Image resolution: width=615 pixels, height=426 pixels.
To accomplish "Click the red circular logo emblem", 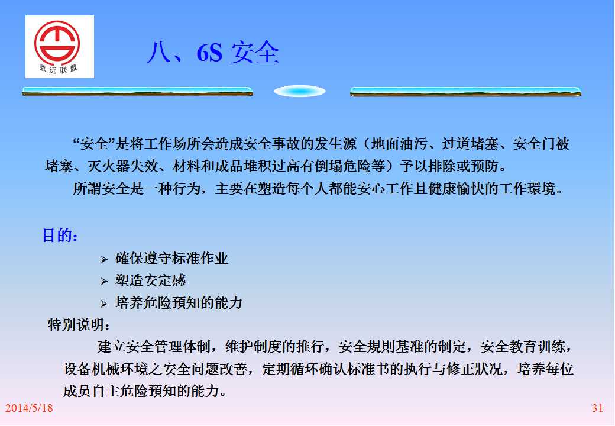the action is pyautogui.click(x=57, y=41).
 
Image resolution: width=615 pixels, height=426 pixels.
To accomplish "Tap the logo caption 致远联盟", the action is pyautogui.click(x=58, y=69).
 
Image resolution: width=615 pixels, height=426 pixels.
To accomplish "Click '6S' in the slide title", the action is pyautogui.click(x=209, y=52).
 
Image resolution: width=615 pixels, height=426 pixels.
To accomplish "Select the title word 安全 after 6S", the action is pyautogui.click(x=254, y=52).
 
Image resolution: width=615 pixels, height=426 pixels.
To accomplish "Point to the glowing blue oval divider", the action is pyautogui.click(x=300, y=91).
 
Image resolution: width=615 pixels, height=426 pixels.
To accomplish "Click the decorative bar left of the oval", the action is pyautogui.click(x=138, y=91).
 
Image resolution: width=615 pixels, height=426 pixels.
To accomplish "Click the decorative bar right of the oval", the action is pyautogui.click(x=465, y=91).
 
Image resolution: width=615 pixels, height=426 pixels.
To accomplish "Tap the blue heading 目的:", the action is pyautogui.click(x=60, y=235).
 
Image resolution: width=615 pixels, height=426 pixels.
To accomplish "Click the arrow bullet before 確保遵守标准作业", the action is pyautogui.click(x=104, y=259).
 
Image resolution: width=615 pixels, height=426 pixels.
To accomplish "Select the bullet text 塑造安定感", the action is pyautogui.click(x=150, y=280).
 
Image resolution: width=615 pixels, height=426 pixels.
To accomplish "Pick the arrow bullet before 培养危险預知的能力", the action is pyautogui.click(x=104, y=304).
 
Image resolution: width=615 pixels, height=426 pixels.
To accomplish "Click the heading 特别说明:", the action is pyautogui.click(x=79, y=325).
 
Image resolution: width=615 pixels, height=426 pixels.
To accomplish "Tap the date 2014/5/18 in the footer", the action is pyautogui.click(x=29, y=408).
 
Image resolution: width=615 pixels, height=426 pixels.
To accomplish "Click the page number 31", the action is pyautogui.click(x=597, y=408).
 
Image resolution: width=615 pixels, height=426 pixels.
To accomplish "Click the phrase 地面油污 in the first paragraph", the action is pyautogui.click(x=399, y=144).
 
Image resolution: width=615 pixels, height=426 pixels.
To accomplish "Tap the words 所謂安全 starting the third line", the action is pyautogui.click(x=101, y=189).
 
